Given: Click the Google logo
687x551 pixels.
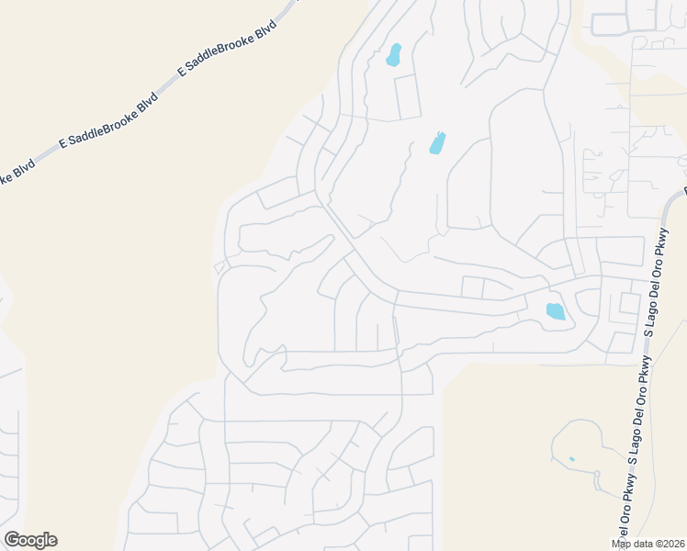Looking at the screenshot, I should pos(30,540).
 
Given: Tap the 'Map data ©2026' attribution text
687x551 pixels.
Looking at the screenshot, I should pos(648,544).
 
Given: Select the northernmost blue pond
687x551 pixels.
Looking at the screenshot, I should pos(394,54).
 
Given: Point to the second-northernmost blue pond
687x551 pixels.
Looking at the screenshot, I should pos(437,143).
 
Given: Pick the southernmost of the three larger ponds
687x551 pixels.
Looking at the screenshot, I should pos(556,311).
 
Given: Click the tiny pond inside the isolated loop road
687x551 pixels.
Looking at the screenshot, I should pos(571,458).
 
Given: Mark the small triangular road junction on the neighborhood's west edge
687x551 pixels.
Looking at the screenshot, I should pos(219,267).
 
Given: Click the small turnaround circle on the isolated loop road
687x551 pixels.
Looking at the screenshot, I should pos(599,475).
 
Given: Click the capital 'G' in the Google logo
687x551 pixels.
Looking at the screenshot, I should pos(12,540).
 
